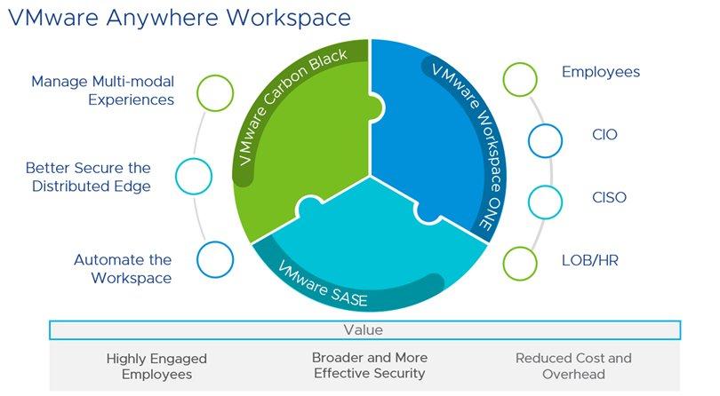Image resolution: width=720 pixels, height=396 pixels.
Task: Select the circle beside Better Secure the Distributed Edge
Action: point(194,176)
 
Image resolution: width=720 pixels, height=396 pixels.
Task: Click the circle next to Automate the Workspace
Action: point(213,259)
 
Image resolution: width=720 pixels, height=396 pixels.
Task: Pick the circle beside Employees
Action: point(521,78)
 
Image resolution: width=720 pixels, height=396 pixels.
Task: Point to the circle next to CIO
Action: point(545,139)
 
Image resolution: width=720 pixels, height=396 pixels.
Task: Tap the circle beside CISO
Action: point(545,201)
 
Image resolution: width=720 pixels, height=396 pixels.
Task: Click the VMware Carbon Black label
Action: point(299,110)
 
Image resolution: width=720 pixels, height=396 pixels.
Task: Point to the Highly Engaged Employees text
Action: point(156,367)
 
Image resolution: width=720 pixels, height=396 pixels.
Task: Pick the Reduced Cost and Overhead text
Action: point(573,367)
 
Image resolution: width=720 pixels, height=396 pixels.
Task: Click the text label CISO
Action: point(609,197)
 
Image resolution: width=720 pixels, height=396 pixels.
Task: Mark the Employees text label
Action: point(601,72)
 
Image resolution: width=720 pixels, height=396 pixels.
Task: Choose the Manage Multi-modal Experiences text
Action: point(102,91)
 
